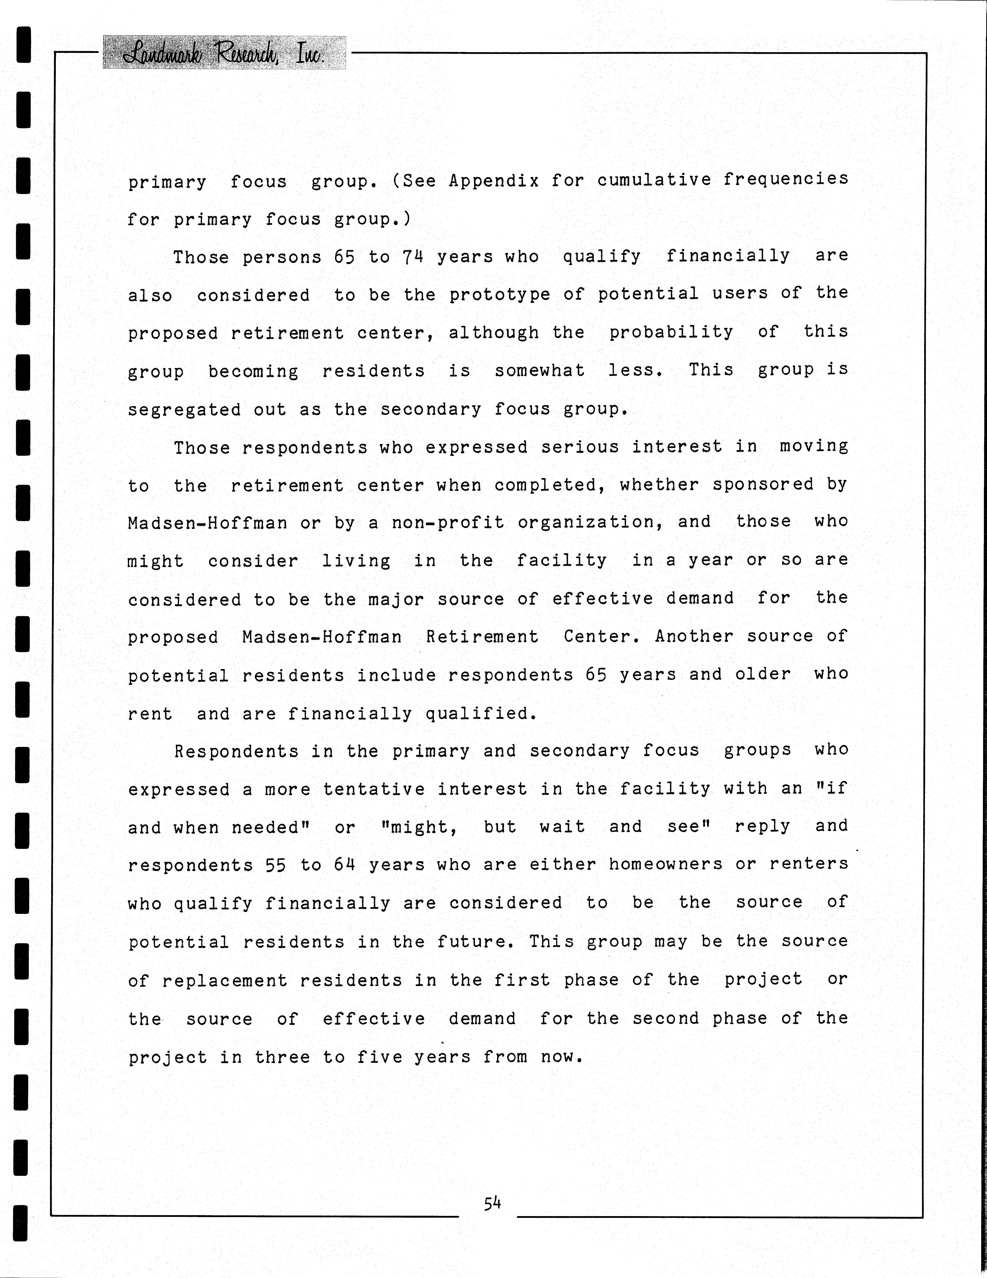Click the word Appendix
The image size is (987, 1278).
click(x=494, y=181)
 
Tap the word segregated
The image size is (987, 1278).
click(x=184, y=410)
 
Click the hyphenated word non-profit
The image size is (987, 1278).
click(x=448, y=522)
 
